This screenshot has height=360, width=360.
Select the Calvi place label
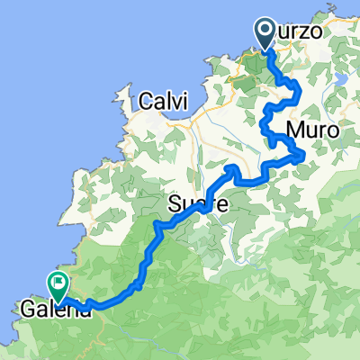tap(162, 103)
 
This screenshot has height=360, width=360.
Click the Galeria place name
tap(52, 311)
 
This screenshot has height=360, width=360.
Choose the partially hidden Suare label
tap(191, 206)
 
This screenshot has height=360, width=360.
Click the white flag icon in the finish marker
tap(60, 284)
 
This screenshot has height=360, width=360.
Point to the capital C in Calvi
tap(145, 103)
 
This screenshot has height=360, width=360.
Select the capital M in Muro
tap(295, 130)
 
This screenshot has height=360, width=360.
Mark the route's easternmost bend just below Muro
tap(306, 157)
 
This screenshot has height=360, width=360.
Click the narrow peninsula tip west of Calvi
tap(121, 91)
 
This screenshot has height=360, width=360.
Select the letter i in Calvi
tap(180, 103)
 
